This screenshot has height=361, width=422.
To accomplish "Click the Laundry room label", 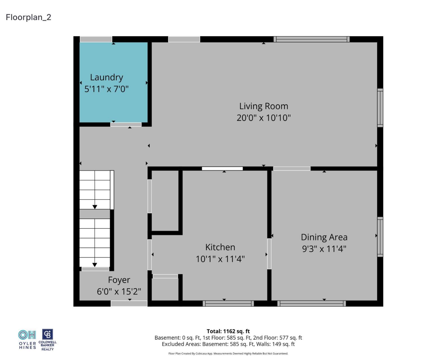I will point(106,77).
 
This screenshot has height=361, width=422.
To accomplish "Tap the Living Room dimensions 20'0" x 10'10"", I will point(263,118).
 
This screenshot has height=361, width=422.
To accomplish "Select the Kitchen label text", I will point(220,247).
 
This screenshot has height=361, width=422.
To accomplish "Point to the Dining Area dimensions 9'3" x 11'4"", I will point(324,249).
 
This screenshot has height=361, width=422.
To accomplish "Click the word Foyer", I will point(119,280).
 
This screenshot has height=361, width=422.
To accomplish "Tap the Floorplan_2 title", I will point(28,17).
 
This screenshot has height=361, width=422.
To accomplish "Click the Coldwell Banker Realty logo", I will point(48,340).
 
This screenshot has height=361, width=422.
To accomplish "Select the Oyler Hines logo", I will point(27,340).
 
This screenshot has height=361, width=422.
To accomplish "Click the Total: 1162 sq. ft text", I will point(228,331).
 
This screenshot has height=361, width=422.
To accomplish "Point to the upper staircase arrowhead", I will point(95,207).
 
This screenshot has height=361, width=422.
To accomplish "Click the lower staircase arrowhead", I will point(95,265).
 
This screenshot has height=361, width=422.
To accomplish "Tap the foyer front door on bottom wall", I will point(129,304).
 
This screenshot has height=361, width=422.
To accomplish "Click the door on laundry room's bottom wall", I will point(126,124).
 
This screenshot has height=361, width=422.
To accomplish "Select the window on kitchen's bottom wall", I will point(228,304).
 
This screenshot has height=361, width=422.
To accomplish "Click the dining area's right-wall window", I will point(380,237).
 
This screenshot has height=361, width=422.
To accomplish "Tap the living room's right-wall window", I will point(380,108).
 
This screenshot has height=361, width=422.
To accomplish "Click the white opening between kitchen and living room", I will point(222,169).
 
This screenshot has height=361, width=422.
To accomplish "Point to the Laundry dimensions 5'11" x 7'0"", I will point(106,89).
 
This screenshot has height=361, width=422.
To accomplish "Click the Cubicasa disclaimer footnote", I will point(228,354).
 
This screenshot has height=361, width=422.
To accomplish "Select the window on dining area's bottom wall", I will point(311,304).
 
